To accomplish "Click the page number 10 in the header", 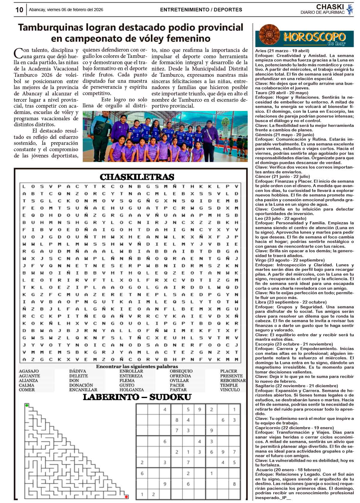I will pyautogui.click(x=19, y=10).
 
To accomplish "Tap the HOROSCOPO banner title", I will pyautogui.click(x=314, y=37).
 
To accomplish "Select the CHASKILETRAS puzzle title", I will pyautogui.click(x=137, y=177).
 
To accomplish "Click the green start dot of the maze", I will pyautogui.click(x=27, y=406).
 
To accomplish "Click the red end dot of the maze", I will pyautogui.click(x=126, y=497).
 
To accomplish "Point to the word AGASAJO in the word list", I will pyautogui.click(x=29, y=371).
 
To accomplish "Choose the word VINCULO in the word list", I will pyautogui.click(x=230, y=390).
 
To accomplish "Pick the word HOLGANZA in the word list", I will pyautogui.click(x=132, y=390).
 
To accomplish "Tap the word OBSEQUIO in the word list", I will pyautogui.click(x=181, y=371).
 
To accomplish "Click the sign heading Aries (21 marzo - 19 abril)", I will pyautogui.click(x=282, y=51).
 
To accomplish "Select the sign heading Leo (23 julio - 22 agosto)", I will pyautogui.click(x=280, y=218).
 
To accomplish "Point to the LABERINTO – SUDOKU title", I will pyautogui.click(x=137, y=397).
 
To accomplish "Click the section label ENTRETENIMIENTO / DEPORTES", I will pyautogui.click(x=201, y=10).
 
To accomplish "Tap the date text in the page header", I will pyautogui.click(x=66, y=10).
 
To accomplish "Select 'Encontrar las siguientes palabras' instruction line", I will pyautogui.click(x=137, y=367).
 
